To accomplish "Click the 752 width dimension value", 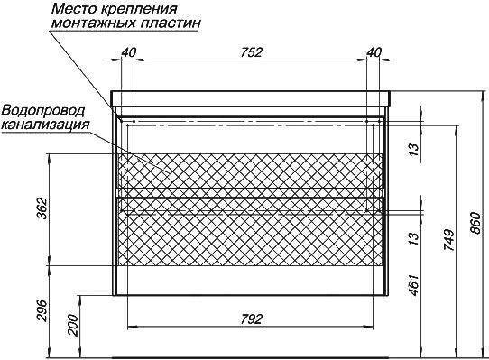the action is [251, 52].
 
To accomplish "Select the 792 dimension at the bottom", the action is [251, 319].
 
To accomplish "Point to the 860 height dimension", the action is [476, 223].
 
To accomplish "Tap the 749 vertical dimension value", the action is [449, 241].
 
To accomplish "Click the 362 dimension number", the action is [42, 208].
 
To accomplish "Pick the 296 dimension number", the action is [42, 311].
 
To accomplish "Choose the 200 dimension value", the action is [72, 326].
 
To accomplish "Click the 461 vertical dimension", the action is [414, 285].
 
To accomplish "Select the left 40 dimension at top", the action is [128, 52].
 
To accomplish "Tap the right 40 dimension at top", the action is [374, 52].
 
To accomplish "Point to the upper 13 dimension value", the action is [414, 150].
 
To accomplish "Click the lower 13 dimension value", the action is [414, 239].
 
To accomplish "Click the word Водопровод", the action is [43, 111].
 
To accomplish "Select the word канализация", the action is [46, 125].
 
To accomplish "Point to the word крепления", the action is [137, 9].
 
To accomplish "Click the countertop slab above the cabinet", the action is [251, 99].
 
